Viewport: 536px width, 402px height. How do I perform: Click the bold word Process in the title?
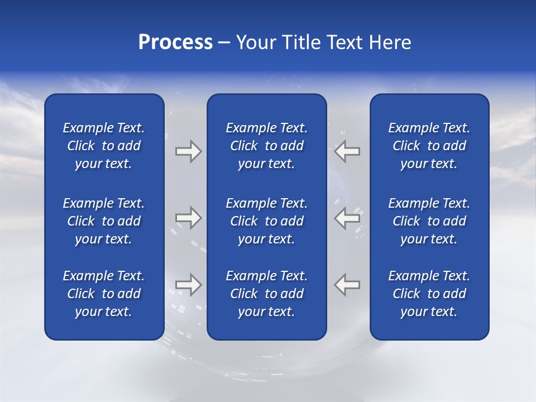pos(175,42)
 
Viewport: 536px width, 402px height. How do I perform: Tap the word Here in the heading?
pos(390,42)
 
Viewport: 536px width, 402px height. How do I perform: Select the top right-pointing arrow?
pos(188,151)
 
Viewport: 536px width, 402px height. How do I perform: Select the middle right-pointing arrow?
pos(188,218)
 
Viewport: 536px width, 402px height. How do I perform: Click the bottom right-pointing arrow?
pos(188,285)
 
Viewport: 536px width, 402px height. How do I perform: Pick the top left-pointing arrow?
pos(347,151)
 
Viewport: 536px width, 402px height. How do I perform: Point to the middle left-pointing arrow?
pos(347,218)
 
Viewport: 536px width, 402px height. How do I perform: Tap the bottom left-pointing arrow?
pos(347,285)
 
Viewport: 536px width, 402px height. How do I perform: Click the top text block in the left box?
pos(104,146)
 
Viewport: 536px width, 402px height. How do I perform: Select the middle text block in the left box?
pos(104,221)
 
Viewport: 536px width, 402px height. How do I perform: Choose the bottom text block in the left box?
pos(104,294)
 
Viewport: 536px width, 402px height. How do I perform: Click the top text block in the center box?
pos(266,146)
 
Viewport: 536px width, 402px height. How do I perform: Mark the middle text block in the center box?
pos(266,221)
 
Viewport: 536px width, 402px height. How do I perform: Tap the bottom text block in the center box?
pos(266,294)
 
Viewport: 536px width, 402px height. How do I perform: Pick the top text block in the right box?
pos(429,146)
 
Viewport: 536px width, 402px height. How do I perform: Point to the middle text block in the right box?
pos(429,221)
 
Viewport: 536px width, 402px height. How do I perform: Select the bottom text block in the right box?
pos(429,294)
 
